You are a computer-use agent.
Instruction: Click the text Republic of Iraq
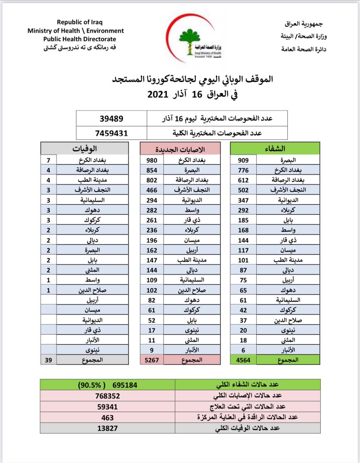80,22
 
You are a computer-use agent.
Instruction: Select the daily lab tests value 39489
112,119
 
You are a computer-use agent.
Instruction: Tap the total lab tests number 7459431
112,133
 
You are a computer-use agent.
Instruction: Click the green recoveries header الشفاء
275,149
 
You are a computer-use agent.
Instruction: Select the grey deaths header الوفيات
85,149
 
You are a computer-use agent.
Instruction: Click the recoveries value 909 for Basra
243,160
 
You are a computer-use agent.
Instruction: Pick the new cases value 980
152,160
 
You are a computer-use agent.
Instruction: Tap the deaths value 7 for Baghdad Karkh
48,160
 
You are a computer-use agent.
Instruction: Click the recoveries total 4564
243,360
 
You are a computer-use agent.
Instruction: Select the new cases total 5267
152,360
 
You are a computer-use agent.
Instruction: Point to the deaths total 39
48,360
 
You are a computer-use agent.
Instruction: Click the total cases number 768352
107,396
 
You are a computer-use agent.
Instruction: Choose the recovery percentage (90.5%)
91,385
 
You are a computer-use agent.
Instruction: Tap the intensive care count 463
107,417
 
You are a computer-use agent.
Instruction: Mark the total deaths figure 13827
107,428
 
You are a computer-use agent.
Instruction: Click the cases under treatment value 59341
107,407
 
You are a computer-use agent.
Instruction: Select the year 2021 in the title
158,95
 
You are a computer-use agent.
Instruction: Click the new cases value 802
152,180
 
